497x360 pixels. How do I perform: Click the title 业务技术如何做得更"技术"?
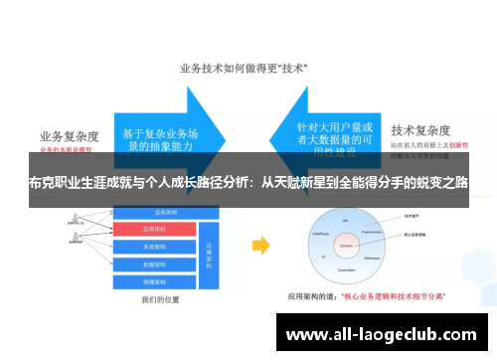tap(243, 69)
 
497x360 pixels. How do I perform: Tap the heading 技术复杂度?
tap(422, 129)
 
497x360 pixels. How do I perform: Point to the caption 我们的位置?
tap(160, 298)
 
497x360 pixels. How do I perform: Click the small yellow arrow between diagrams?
tap(259, 245)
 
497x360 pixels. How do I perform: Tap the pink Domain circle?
tap(347, 243)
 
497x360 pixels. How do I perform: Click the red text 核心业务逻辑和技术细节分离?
tap(398, 296)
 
